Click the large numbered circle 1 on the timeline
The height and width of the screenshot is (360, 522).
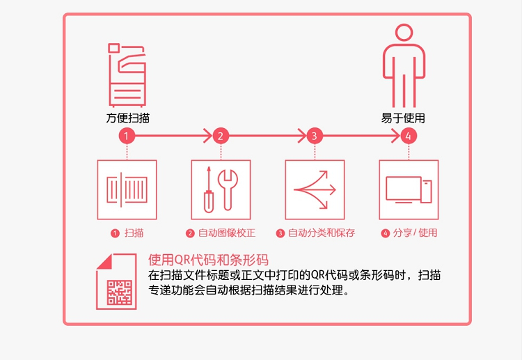[127, 136]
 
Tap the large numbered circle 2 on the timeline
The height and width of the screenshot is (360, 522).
[221, 136]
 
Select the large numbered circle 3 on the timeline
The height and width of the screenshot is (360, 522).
[315, 136]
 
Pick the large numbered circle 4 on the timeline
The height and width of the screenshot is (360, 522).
[409, 136]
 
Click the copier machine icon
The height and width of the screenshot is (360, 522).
[127, 75]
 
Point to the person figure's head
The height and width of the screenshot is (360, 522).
[404, 33]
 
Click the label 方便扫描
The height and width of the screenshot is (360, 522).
[128, 118]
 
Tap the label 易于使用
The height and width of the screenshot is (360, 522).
[403, 118]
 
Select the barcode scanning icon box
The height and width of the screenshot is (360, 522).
[127, 190]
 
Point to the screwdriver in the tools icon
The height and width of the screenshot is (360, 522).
[209, 189]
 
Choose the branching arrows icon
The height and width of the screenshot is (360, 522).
[315, 190]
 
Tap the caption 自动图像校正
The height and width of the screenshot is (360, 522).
[227, 233]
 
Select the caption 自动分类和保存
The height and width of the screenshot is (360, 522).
[322, 233]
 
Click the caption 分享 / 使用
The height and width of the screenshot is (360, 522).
[415, 233]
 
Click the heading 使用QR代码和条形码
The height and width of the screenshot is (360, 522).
[208, 260]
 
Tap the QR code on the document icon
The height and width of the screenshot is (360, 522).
[120, 292]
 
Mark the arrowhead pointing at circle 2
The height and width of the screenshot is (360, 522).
[208, 136]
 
